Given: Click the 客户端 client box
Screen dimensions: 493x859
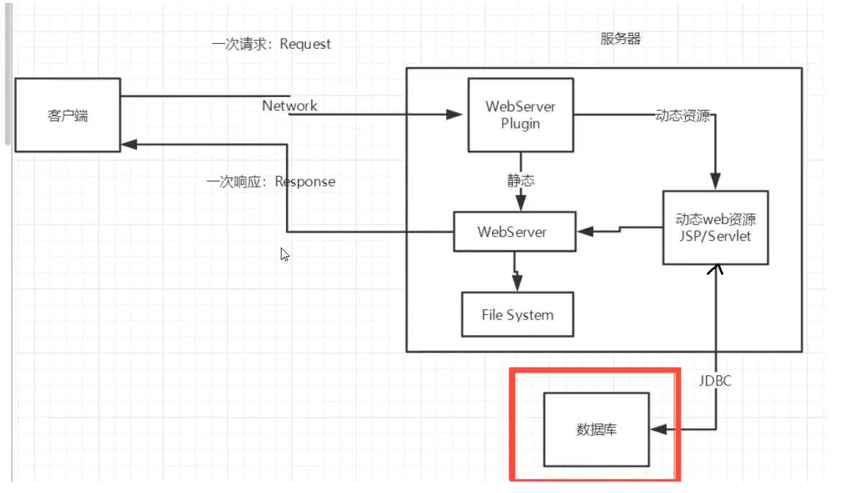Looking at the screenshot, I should pyautogui.click(x=68, y=116).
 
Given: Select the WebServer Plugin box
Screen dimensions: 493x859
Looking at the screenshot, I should pyautogui.click(x=521, y=115).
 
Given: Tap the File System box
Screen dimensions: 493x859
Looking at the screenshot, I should pyautogui.click(x=517, y=314).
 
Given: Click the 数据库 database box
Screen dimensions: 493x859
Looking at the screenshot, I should pyautogui.click(x=596, y=429).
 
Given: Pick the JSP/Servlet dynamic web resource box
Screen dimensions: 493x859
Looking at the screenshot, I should pyautogui.click(x=715, y=227).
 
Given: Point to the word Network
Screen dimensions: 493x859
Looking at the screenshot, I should pyautogui.click(x=289, y=105).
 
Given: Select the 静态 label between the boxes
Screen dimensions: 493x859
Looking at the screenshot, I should pyautogui.click(x=521, y=181).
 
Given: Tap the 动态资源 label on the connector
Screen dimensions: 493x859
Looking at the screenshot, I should pyautogui.click(x=682, y=116).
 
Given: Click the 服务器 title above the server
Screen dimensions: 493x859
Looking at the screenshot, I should pyautogui.click(x=621, y=39).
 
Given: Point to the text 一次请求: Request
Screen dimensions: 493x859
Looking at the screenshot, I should pyautogui.click(x=271, y=44).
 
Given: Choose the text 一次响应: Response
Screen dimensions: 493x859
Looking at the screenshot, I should pyautogui.click(x=271, y=182).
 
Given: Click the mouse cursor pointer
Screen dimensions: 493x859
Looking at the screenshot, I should pyautogui.click(x=284, y=254).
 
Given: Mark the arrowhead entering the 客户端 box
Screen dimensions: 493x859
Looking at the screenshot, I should pyautogui.click(x=129, y=144).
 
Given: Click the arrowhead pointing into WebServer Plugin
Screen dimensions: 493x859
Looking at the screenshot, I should pyautogui.click(x=454, y=114).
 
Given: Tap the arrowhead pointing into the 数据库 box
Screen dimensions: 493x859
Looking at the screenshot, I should pyautogui.click(x=657, y=429).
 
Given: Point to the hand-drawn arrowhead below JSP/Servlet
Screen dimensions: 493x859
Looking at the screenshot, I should pyautogui.click(x=715, y=270).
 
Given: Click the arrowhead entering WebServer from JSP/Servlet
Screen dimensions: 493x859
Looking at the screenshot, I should pyautogui.click(x=585, y=231).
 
